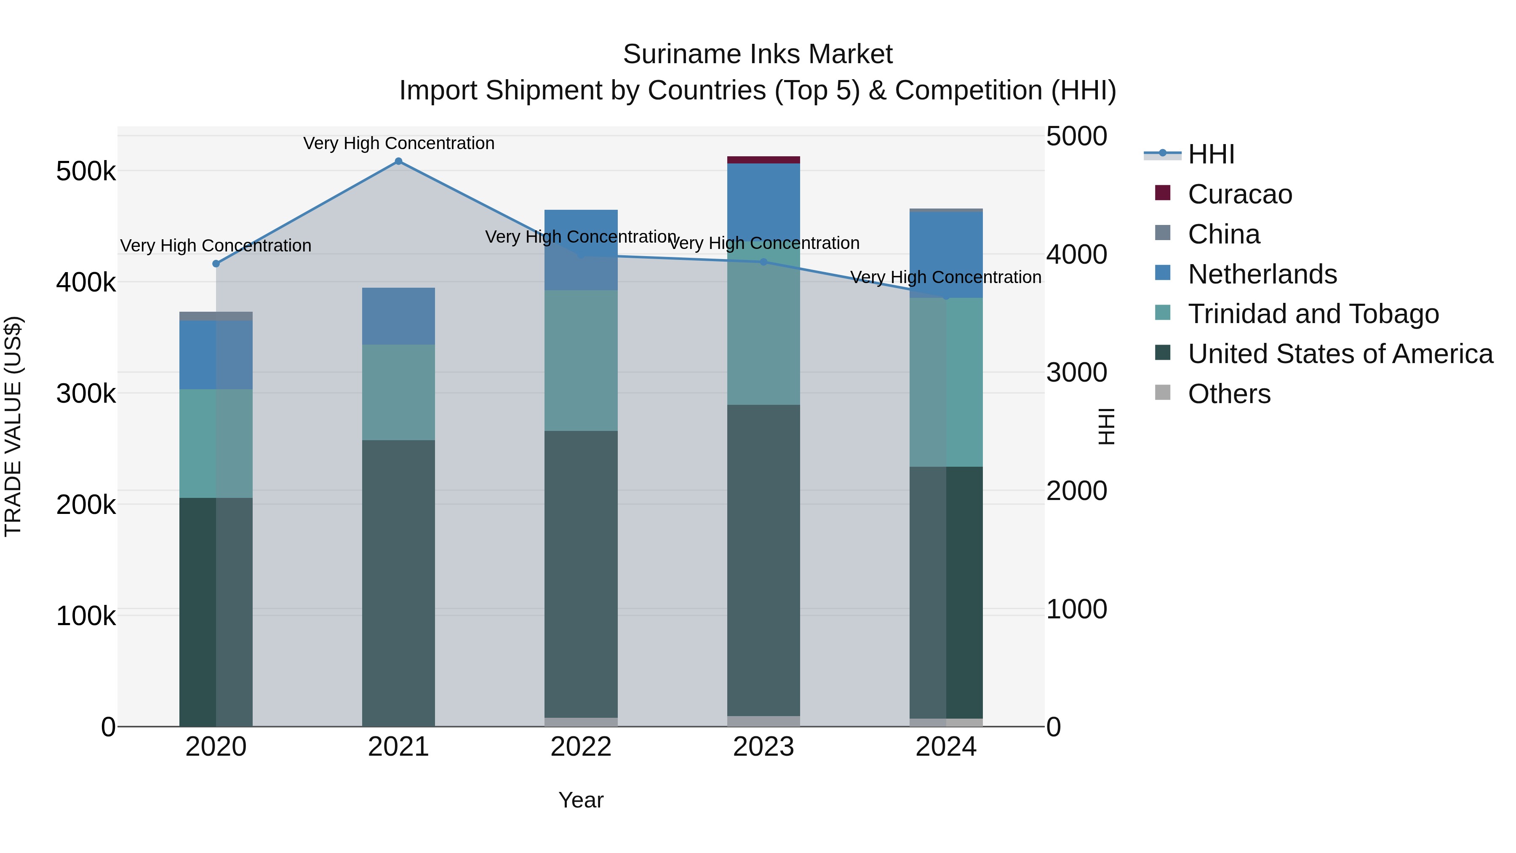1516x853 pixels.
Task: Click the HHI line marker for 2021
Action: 398,161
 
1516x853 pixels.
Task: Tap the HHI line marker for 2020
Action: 216,264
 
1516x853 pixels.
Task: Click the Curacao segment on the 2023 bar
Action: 763,160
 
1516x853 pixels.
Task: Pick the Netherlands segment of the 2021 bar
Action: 398,316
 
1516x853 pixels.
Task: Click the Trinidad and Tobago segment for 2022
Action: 581,360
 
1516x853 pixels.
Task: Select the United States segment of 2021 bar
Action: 398,583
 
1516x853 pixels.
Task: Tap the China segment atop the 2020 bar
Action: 216,316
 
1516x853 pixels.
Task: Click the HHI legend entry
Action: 1211,154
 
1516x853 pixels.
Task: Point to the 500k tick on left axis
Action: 86,172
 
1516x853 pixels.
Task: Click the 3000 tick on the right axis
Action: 1076,373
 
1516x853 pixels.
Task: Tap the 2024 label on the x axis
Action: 946,747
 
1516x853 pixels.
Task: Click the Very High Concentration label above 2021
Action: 398,144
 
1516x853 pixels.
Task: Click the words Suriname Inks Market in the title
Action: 758,55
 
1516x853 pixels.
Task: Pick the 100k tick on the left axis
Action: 86,616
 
